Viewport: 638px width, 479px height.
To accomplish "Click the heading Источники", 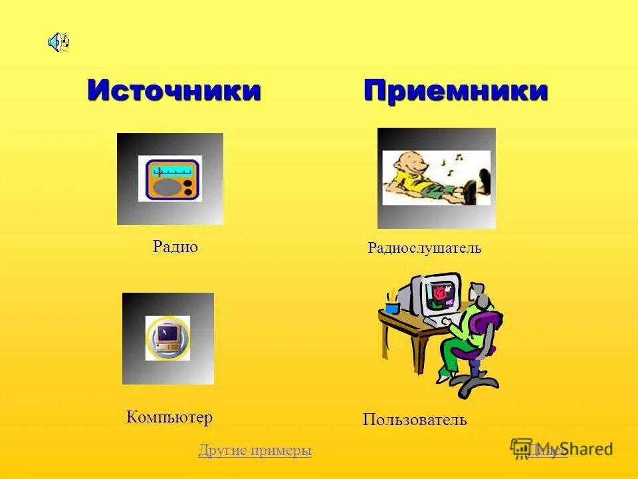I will [x=174, y=91].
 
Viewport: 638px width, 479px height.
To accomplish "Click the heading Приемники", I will [x=455, y=91].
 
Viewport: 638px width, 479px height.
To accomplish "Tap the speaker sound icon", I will [x=58, y=43].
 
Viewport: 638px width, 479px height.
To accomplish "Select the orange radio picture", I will [x=169, y=179].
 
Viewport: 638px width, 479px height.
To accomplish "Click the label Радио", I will [x=175, y=247].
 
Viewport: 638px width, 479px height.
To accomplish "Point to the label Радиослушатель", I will [x=425, y=249].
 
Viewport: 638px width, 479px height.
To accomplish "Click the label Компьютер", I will [x=169, y=418].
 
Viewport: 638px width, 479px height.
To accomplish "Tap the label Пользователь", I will [x=415, y=420].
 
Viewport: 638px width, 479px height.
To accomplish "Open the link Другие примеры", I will [x=255, y=450].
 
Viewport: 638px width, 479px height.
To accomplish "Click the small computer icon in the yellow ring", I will [x=167, y=338].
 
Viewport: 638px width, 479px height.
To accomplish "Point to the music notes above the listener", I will [x=449, y=165].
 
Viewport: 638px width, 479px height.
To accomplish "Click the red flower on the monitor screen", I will [x=439, y=292].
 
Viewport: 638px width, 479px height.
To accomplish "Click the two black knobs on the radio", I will [x=188, y=187].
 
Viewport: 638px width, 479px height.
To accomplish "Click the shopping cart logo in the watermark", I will [x=521, y=448].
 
